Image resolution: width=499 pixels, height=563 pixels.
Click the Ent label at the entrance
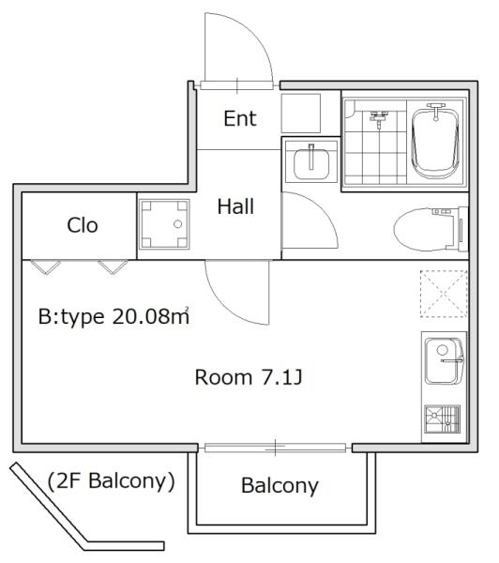(240, 118)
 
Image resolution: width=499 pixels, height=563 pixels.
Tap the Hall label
(235, 206)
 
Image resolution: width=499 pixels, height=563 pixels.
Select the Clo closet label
(83, 225)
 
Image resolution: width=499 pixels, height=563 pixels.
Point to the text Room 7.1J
(249, 377)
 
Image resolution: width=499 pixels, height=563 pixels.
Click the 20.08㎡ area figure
(151, 316)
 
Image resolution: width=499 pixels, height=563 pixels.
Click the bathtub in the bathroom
(436, 142)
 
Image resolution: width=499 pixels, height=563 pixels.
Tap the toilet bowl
(431, 229)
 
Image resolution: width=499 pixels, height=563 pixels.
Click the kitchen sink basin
(444, 361)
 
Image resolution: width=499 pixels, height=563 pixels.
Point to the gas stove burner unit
(442, 419)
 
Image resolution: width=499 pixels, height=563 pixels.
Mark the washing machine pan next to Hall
(164, 224)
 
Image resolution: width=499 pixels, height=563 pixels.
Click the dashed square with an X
(444, 294)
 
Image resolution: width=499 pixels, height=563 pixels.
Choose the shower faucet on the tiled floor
(379, 117)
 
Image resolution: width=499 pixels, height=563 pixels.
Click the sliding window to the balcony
(275, 448)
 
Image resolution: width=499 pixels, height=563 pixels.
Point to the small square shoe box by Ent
(300, 114)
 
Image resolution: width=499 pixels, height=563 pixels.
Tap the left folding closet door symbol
(46, 267)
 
